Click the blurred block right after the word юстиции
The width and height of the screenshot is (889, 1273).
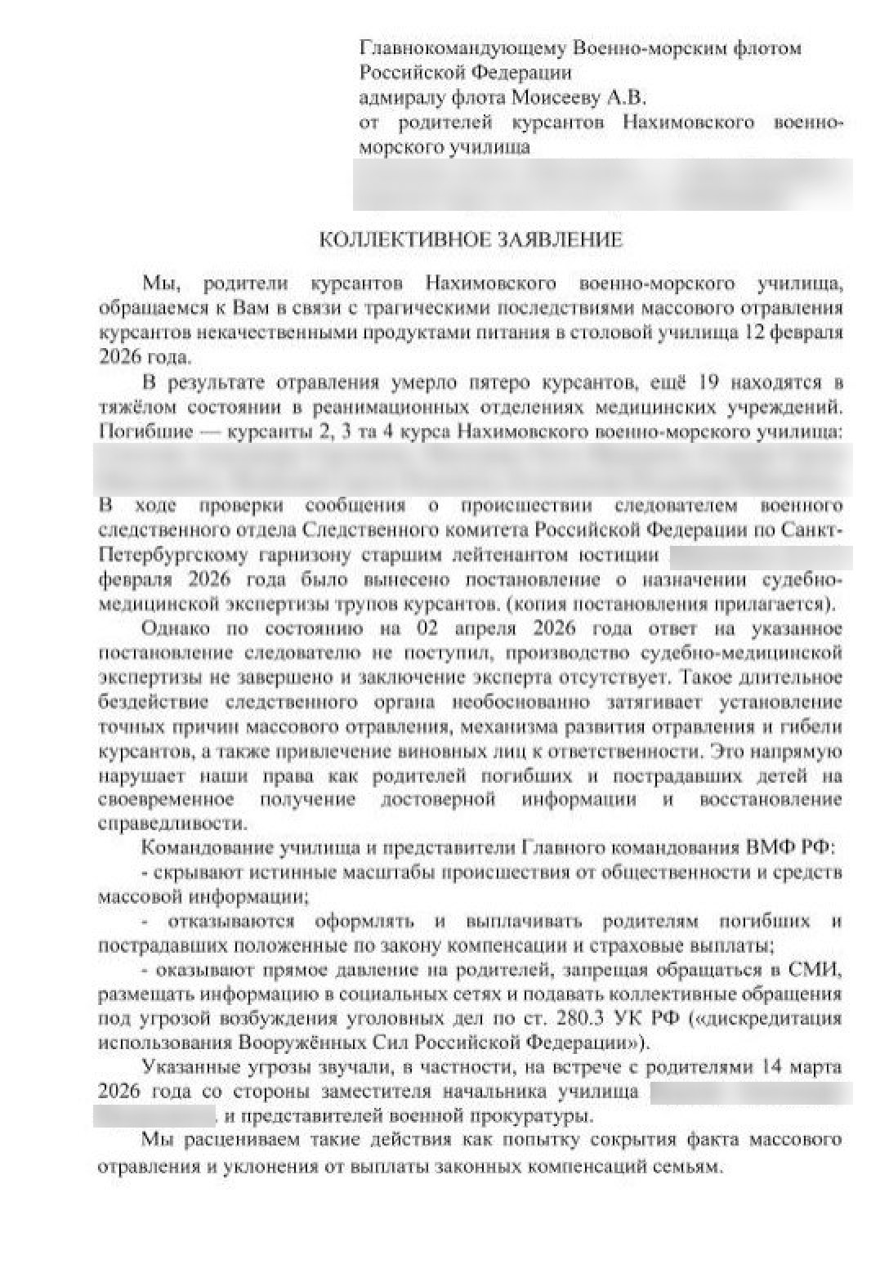coord(761,557)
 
